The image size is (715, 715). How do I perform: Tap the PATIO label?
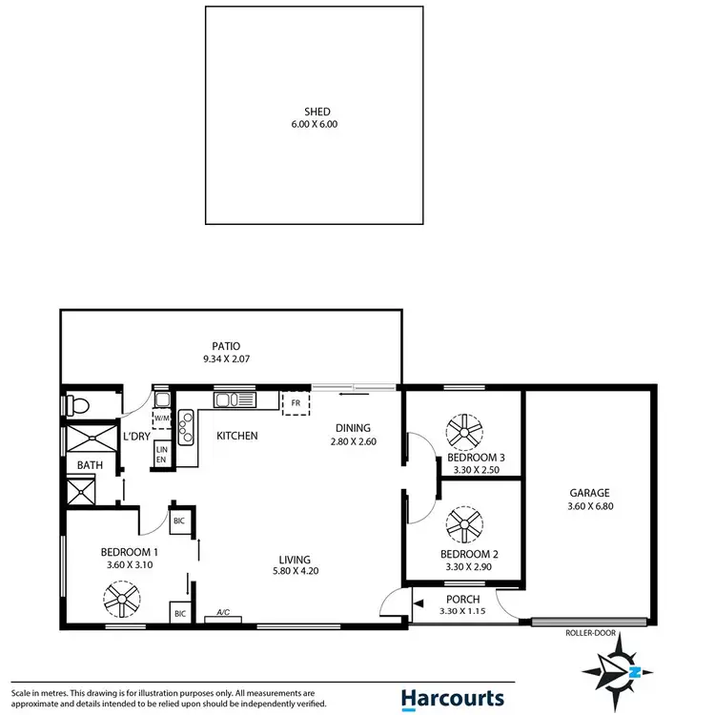(x=226, y=346)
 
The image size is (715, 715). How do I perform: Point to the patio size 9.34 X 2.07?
(x=226, y=359)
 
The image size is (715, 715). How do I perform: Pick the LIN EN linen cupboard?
(x=161, y=454)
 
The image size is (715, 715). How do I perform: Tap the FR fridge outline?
(x=296, y=403)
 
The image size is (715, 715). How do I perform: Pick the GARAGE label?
(x=589, y=493)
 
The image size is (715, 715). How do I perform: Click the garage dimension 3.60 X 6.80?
(x=589, y=506)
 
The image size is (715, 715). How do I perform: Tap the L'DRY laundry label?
(x=135, y=436)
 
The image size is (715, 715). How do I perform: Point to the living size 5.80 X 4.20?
(x=295, y=572)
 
